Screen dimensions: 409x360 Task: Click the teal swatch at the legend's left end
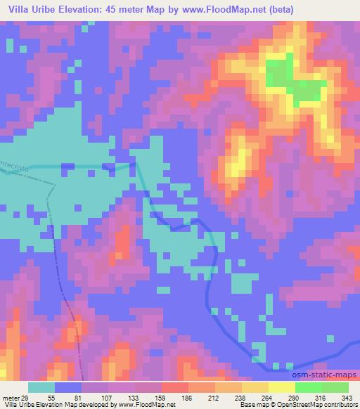[x=40, y=388]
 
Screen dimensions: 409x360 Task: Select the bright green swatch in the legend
[x=308, y=388]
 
